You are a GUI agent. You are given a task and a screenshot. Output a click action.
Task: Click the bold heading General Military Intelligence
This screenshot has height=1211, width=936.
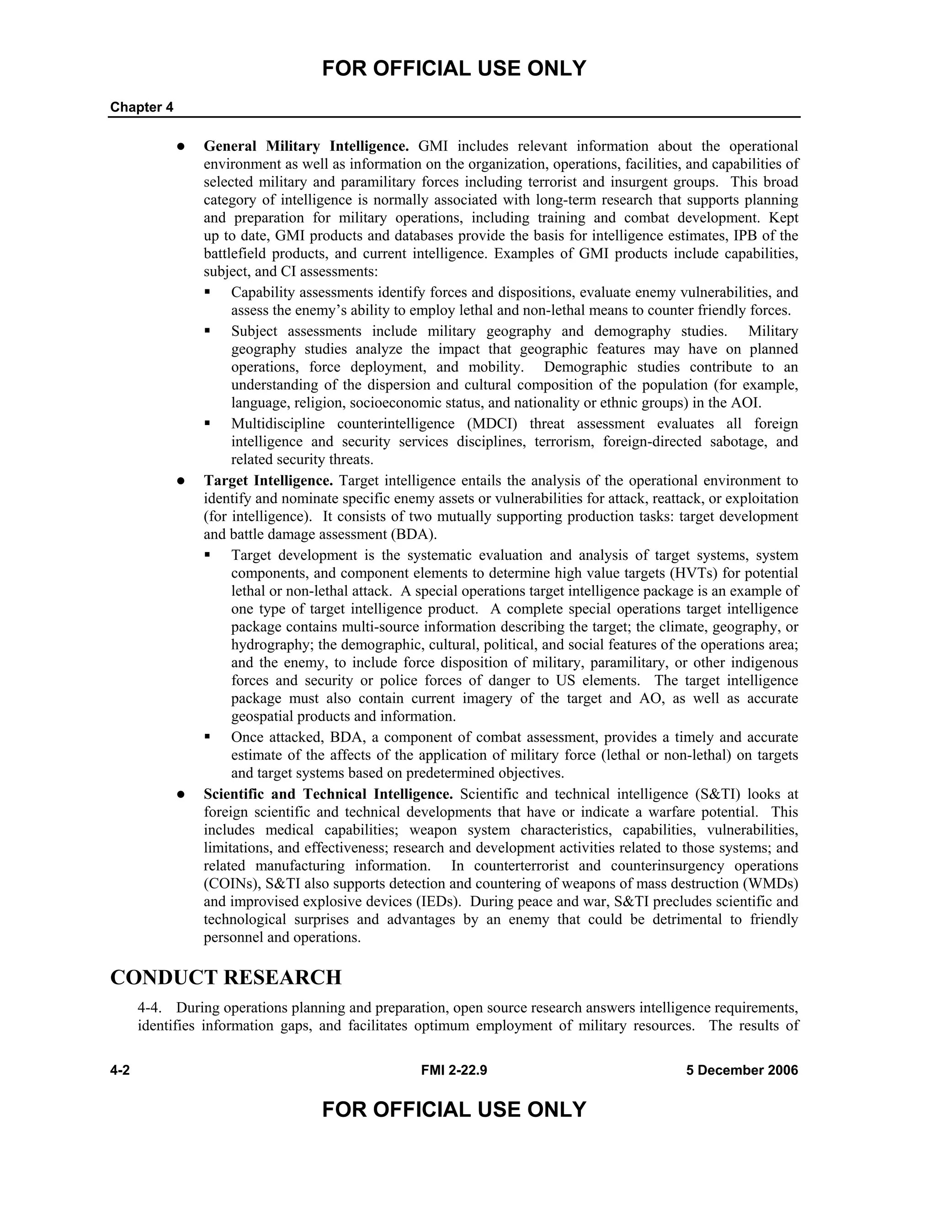[306, 146]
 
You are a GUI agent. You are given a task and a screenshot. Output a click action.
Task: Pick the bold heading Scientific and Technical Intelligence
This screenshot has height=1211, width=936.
[328, 794]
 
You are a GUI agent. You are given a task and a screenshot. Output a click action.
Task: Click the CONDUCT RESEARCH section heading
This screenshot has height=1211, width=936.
[226, 977]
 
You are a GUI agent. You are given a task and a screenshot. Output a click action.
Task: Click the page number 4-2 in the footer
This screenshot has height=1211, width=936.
[120, 1070]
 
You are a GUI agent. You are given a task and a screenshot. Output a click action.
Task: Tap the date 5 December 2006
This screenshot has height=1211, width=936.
[742, 1070]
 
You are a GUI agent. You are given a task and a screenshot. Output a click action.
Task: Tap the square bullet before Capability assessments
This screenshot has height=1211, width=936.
[207, 291]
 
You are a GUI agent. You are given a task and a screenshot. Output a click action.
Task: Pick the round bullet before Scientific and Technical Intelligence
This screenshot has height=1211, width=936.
[180, 795]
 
